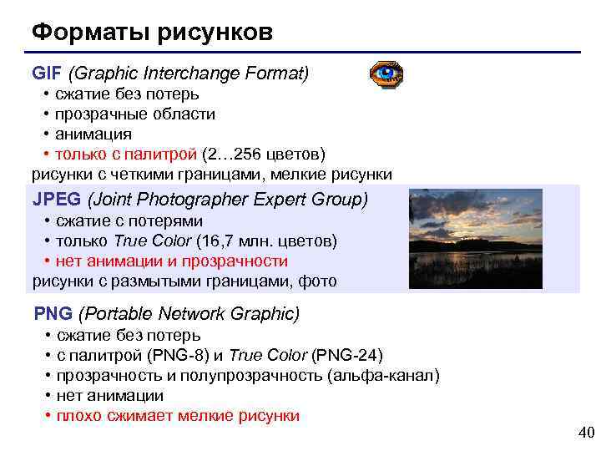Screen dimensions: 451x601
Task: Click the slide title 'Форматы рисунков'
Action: point(152,33)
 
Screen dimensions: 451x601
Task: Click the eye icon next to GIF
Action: point(386,74)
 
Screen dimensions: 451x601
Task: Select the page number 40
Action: point(585,432)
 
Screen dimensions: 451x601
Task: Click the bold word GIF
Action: point(48,74)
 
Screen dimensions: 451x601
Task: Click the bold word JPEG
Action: point(57,200)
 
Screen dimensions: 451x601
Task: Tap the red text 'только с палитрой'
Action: point(126,154)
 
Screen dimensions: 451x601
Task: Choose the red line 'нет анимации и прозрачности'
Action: point(171,261)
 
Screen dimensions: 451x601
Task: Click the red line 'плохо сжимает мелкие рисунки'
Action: point(177,416)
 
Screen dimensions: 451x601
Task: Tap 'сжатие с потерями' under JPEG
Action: point(129,221)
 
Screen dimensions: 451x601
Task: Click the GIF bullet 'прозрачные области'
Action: point(135,114)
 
